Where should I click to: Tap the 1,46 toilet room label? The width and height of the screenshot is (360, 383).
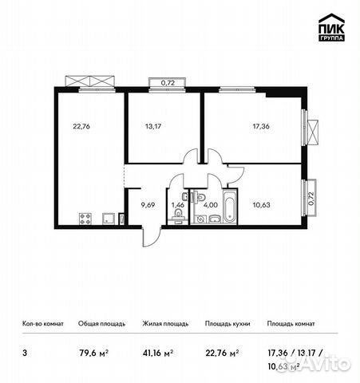tap(178, 204)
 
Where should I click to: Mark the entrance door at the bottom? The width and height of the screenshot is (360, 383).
tap(148, 235)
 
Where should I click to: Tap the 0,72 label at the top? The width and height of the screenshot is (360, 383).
tap(168, 82)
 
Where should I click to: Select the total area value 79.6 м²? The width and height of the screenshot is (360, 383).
tap(90, 351)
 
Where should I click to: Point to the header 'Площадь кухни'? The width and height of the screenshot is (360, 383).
tap(227, 324)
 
